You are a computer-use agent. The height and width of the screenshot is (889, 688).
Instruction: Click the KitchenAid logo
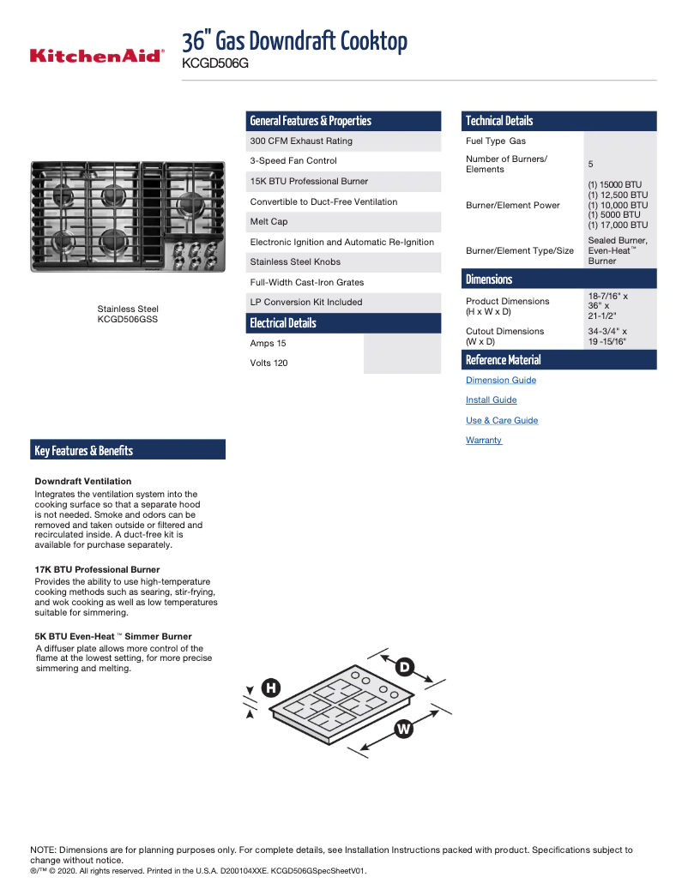point(97,56)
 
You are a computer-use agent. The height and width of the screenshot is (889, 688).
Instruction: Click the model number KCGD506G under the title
point(215,63)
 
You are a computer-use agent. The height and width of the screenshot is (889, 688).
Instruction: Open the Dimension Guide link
point(500,380)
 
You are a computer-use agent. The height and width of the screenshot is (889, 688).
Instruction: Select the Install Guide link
point(491,400)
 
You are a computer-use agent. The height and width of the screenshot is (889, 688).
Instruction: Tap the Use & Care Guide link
point(501,420)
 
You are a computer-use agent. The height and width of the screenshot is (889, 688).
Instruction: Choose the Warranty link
point(483,441)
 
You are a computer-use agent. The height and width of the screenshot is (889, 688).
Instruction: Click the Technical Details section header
point(499,121)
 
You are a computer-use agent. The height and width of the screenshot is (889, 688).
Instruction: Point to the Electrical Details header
point(283,323)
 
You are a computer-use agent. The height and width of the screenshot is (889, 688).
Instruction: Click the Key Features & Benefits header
point(84,451)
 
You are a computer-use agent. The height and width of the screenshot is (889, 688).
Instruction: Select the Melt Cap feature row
point(269,222)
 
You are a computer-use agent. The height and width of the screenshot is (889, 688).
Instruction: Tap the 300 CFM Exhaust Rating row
point(301,141)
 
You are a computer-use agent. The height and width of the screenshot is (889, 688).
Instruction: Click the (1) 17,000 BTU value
point(618,225)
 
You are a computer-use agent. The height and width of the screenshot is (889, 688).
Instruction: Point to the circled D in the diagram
point(404,666)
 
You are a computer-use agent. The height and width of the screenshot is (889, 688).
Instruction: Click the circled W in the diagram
point(404,729)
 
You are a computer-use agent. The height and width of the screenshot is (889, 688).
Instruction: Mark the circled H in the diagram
point(271,688)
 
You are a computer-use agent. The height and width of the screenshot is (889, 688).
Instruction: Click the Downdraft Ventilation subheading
point(82,481)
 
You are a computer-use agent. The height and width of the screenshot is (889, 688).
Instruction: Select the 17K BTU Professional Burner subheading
point(97,569)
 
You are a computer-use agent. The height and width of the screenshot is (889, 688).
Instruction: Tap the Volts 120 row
point(269,363)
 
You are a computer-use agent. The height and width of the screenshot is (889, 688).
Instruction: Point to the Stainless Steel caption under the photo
point(128,309)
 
